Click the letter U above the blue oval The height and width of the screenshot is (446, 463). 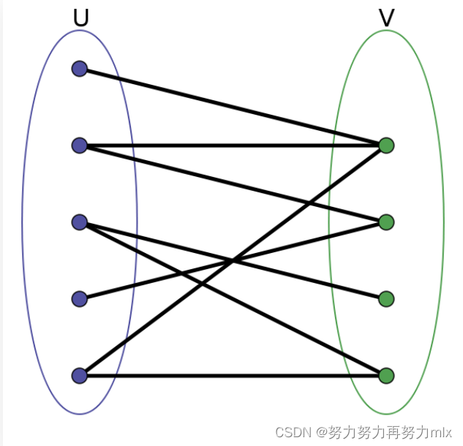point(80,18)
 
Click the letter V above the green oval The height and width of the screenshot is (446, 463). point(386,18)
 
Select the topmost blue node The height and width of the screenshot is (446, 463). point(80,69)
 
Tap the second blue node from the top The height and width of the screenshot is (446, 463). point(80,145)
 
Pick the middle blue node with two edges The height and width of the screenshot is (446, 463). point(80,222)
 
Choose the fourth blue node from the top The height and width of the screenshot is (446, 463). point(80,298)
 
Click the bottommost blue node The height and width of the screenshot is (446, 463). point(80,376)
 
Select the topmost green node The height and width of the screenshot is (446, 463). point(386,145)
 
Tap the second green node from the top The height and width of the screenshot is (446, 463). point(386,222)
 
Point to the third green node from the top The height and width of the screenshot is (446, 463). point(386,298)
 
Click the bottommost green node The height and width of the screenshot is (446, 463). point(386,376)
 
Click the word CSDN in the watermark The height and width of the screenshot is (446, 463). point(292,432)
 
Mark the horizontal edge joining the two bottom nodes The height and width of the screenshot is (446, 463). point(234,376)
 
